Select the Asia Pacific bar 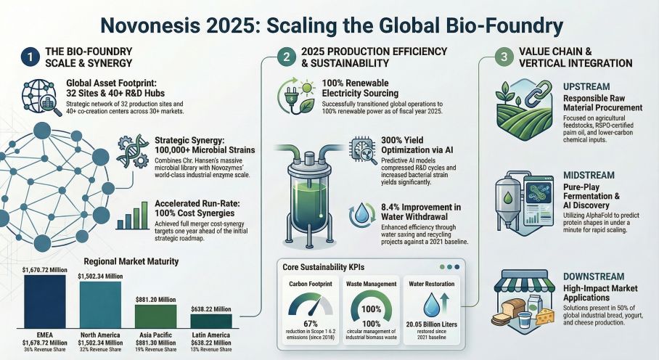(x=155, y=316)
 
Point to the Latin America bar (x=211, y=321)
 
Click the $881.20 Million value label (x=155, y=298)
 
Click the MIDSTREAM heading (x=589, y=176)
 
